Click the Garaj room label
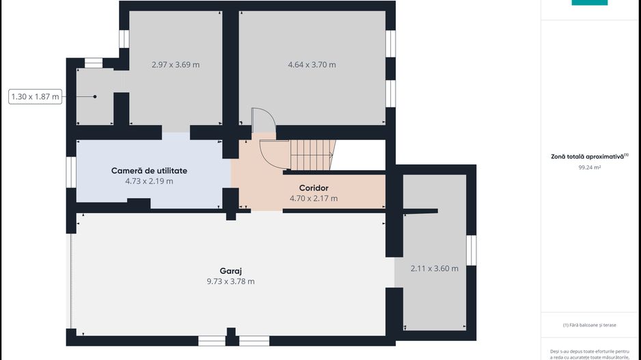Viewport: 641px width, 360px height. click(x=230, y=271)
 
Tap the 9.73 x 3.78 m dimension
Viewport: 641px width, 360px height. click(x=230, y=281)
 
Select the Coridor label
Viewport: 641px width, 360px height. click(x=314, y=188)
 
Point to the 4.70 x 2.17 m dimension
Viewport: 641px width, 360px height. click(x=314, y=199)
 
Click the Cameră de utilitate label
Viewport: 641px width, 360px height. click(x=149, y=171)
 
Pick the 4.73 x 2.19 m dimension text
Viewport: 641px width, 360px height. click(x=149, y=181)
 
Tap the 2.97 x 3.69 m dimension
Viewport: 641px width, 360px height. click(x=176, y=65)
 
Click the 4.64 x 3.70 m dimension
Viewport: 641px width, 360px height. click(x=312, y=65)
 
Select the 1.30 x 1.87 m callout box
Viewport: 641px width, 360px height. click(x=35, y=97)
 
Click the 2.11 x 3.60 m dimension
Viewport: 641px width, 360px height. click(x=435, y=268)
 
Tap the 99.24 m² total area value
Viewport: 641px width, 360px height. click(x=590, y=167)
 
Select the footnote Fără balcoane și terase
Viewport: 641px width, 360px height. click(x=590, y=325)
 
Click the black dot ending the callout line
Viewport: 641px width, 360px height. click(x=95, y=97)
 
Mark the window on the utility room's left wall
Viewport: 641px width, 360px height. click(x=71, y=172)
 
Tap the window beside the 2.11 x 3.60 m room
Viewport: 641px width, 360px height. click(x=472, y=250)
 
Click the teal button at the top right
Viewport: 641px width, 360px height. click(x=590, y=3)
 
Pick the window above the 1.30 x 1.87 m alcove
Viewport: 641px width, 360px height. click(x=93, y=63)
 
